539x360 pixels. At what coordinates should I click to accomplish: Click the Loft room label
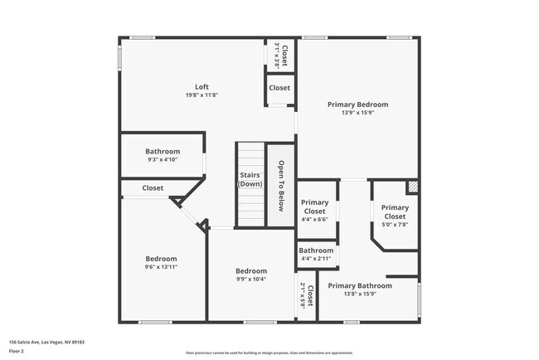point(202,87)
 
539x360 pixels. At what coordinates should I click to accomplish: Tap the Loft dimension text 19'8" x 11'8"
point(202,95)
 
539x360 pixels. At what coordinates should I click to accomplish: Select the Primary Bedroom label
point(357,105)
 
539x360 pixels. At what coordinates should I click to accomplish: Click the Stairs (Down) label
point(250,179)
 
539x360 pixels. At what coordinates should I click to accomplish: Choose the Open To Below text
point(282,186)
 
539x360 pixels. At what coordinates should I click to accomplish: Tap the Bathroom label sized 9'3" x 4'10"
point(163,151)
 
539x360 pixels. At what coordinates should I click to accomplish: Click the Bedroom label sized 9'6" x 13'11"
point(162,259)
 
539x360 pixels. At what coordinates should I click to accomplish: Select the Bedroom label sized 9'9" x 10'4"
point(251,271)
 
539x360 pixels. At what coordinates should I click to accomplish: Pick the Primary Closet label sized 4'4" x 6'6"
point(314,207)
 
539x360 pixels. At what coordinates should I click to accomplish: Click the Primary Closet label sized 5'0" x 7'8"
point(395,207)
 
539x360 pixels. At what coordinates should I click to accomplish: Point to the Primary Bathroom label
point(360,285)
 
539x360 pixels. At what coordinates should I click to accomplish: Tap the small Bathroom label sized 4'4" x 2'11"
point(316,251)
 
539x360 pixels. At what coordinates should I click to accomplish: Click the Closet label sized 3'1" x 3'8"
point(284,56)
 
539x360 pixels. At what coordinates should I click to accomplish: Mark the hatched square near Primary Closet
point(412,187)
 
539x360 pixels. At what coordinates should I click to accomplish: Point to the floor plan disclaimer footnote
point(269,353)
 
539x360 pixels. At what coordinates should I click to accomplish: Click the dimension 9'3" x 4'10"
point(163,160)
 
